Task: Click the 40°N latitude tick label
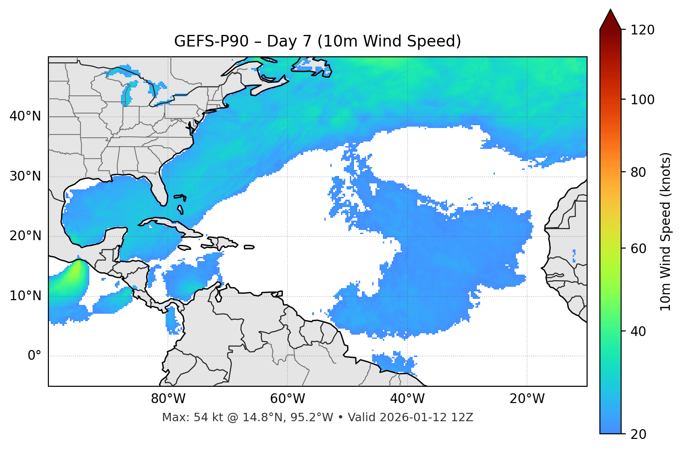25,116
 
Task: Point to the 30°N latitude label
25,176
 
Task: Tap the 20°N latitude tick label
25,236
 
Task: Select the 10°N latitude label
25,296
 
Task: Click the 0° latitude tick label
34,356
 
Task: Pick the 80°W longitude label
168,399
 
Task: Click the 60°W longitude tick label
288,399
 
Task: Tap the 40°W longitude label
407,399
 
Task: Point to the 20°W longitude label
527,399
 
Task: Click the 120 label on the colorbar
642,30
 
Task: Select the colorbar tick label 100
642,100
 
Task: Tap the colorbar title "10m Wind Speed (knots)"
666,231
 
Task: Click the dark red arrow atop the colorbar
610,20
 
